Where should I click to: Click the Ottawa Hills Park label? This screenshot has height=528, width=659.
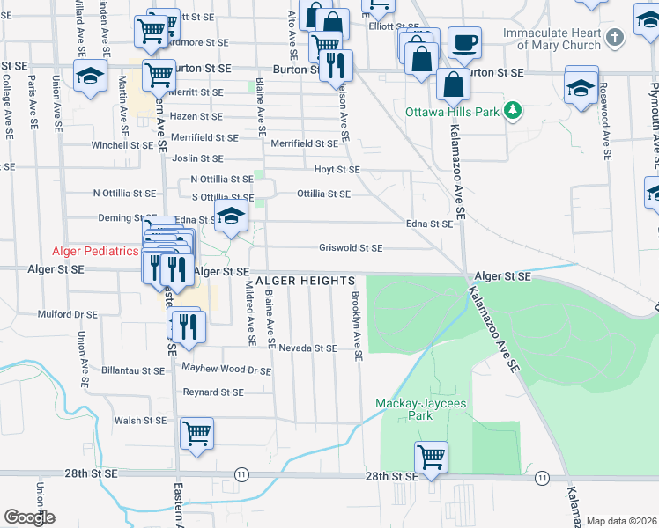451,112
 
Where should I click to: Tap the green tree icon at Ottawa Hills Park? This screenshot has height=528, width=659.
509,111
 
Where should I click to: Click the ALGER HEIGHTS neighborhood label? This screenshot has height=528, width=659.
305,280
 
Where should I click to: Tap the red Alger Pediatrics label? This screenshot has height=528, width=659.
96,251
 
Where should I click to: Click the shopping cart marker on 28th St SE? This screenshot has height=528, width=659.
431,457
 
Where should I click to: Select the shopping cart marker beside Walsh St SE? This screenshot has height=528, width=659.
196,433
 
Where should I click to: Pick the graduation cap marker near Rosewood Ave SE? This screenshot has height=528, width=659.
581,86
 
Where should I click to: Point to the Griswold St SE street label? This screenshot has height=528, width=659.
351,248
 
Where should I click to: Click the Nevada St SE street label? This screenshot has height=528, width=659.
308,348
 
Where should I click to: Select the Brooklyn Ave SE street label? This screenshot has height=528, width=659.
357,326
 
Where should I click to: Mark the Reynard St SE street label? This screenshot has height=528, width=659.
212,392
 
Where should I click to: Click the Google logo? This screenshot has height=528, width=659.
29,517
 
